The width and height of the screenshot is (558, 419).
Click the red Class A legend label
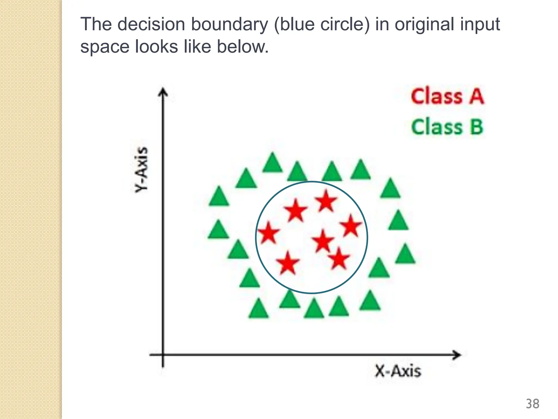pyautogui.click(x=447, y=97)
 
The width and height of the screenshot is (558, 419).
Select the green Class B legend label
pyautogui.click(x=447, y=127)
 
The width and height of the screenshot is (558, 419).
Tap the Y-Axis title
pyautogui.click(x=142, y=169)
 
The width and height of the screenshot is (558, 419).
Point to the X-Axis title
pyautogui.click(x=398, y=371)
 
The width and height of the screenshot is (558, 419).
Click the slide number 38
pyautogui.click(x=532, y=404)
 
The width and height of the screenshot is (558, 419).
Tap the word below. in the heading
pyautogui.click(x=242, y=47)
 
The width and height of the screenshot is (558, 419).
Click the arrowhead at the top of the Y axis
pyautogui.click(x=163, y=92)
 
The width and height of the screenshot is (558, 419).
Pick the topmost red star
pyautogui.click(x=326, y=201)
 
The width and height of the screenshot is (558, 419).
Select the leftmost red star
pyautogui.click(x=268, y=233)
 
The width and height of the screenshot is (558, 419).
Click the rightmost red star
pyautogui.click(x=351, y=226)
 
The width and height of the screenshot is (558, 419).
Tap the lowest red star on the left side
pyautogui.click(x=288, y=263)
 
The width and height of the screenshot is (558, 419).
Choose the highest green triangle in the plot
pyautogui.click(x=272, y=163)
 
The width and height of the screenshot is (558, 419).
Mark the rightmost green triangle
pyautogui.click(x=405, y=254)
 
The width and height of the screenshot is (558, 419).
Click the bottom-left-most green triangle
pyautogui.click(x=258, y=309)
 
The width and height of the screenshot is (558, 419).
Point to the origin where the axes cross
pyautogui.click(x=163, y=355)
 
